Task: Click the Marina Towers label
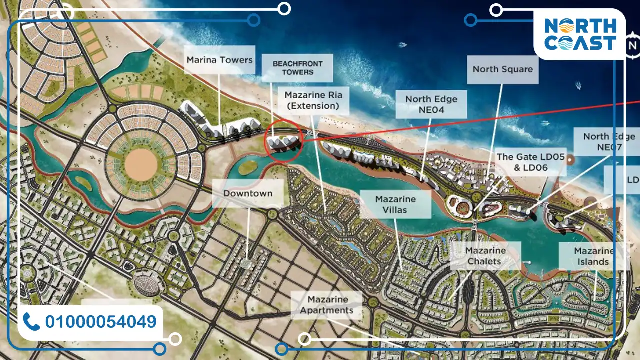pos(220,60)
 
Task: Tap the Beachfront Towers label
pos(297,68)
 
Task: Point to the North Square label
pos(502,69)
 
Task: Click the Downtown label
pos(248,193)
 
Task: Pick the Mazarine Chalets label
pos(485,255)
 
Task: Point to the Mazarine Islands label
pos(593,256)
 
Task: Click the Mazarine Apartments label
pos(327,305)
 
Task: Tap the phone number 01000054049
pos(101,322)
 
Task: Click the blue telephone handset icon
pos(31,322)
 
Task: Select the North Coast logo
pos(579,34)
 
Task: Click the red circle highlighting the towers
pos(284,141)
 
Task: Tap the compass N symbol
pos(633,46)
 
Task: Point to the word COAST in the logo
pos(580,43)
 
